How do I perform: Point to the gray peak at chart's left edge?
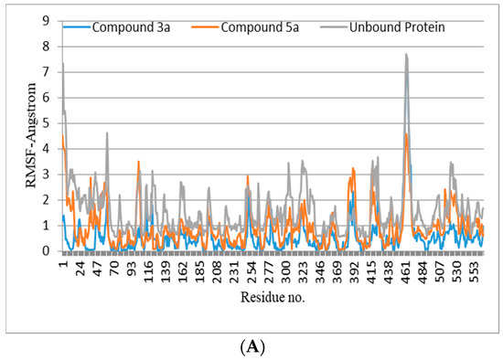point(62,63)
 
